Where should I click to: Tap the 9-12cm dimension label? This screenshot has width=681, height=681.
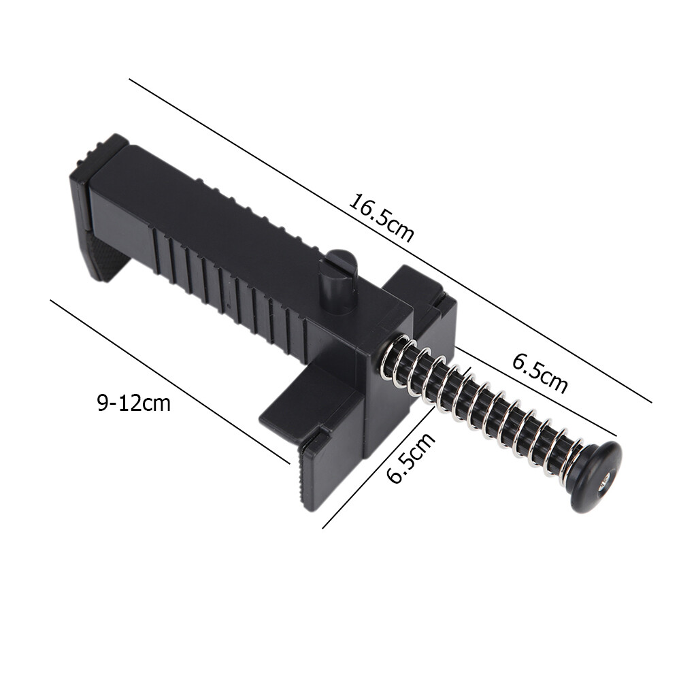pyautogui.click(x=133, y=403)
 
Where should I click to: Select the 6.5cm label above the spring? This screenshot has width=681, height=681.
pyautogui.click(x=539, y=373)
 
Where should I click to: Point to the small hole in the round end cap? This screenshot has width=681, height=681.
pyautogui.click(x=604, y=484)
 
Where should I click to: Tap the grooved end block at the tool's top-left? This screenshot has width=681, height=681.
pyautogui.click(x=102, y=153)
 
